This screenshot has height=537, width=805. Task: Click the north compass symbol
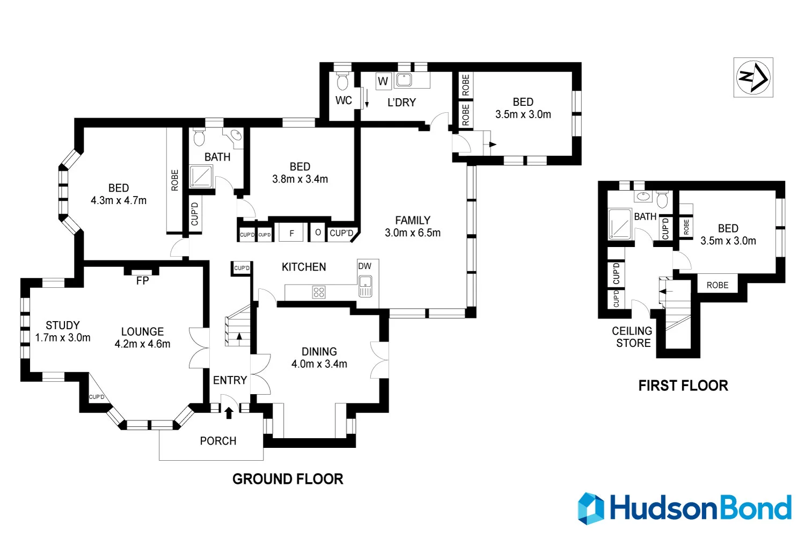pyautogui.click(x=753, y=77)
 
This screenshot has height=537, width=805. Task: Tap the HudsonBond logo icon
pyautogui.click(x=591, y=508)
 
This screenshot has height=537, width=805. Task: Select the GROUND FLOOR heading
pyautogui.click(x=288, y=479)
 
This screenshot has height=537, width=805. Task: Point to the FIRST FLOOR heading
pyautogui.click(x=683, y=386)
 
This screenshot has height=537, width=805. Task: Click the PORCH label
pyautogui.click(x=218, y=441)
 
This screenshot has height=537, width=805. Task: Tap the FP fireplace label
pyautogui.click(x=142, y=281)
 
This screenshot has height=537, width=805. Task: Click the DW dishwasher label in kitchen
pyautogui.click(x=364, y=266)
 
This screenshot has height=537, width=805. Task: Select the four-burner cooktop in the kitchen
pyautogui.click(x=319, y=292)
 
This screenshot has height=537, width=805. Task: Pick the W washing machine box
pyautogui.click(x=383, y=82)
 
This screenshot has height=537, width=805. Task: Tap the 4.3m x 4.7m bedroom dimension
pyautogui.click(x=119, y=200)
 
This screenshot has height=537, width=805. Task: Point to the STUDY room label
pyautogui.click(x=63, y=325)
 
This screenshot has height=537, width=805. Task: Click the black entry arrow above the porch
pyautogui.click(x=229, y=412)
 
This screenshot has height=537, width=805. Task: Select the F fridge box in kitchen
pyautogui.click(x=291, y=234)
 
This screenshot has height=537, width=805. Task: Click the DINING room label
pyautogui.click(x=319, y=352)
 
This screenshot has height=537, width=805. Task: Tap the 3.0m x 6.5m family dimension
pyautogui.click(x=413, y=233)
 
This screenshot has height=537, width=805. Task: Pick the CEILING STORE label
pyautogui.click(x=632, y=337)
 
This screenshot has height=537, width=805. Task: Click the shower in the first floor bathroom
pyautogui.click(x=620, y=224)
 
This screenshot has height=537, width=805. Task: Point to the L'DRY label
pyautogui.click(x=401, y=102)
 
